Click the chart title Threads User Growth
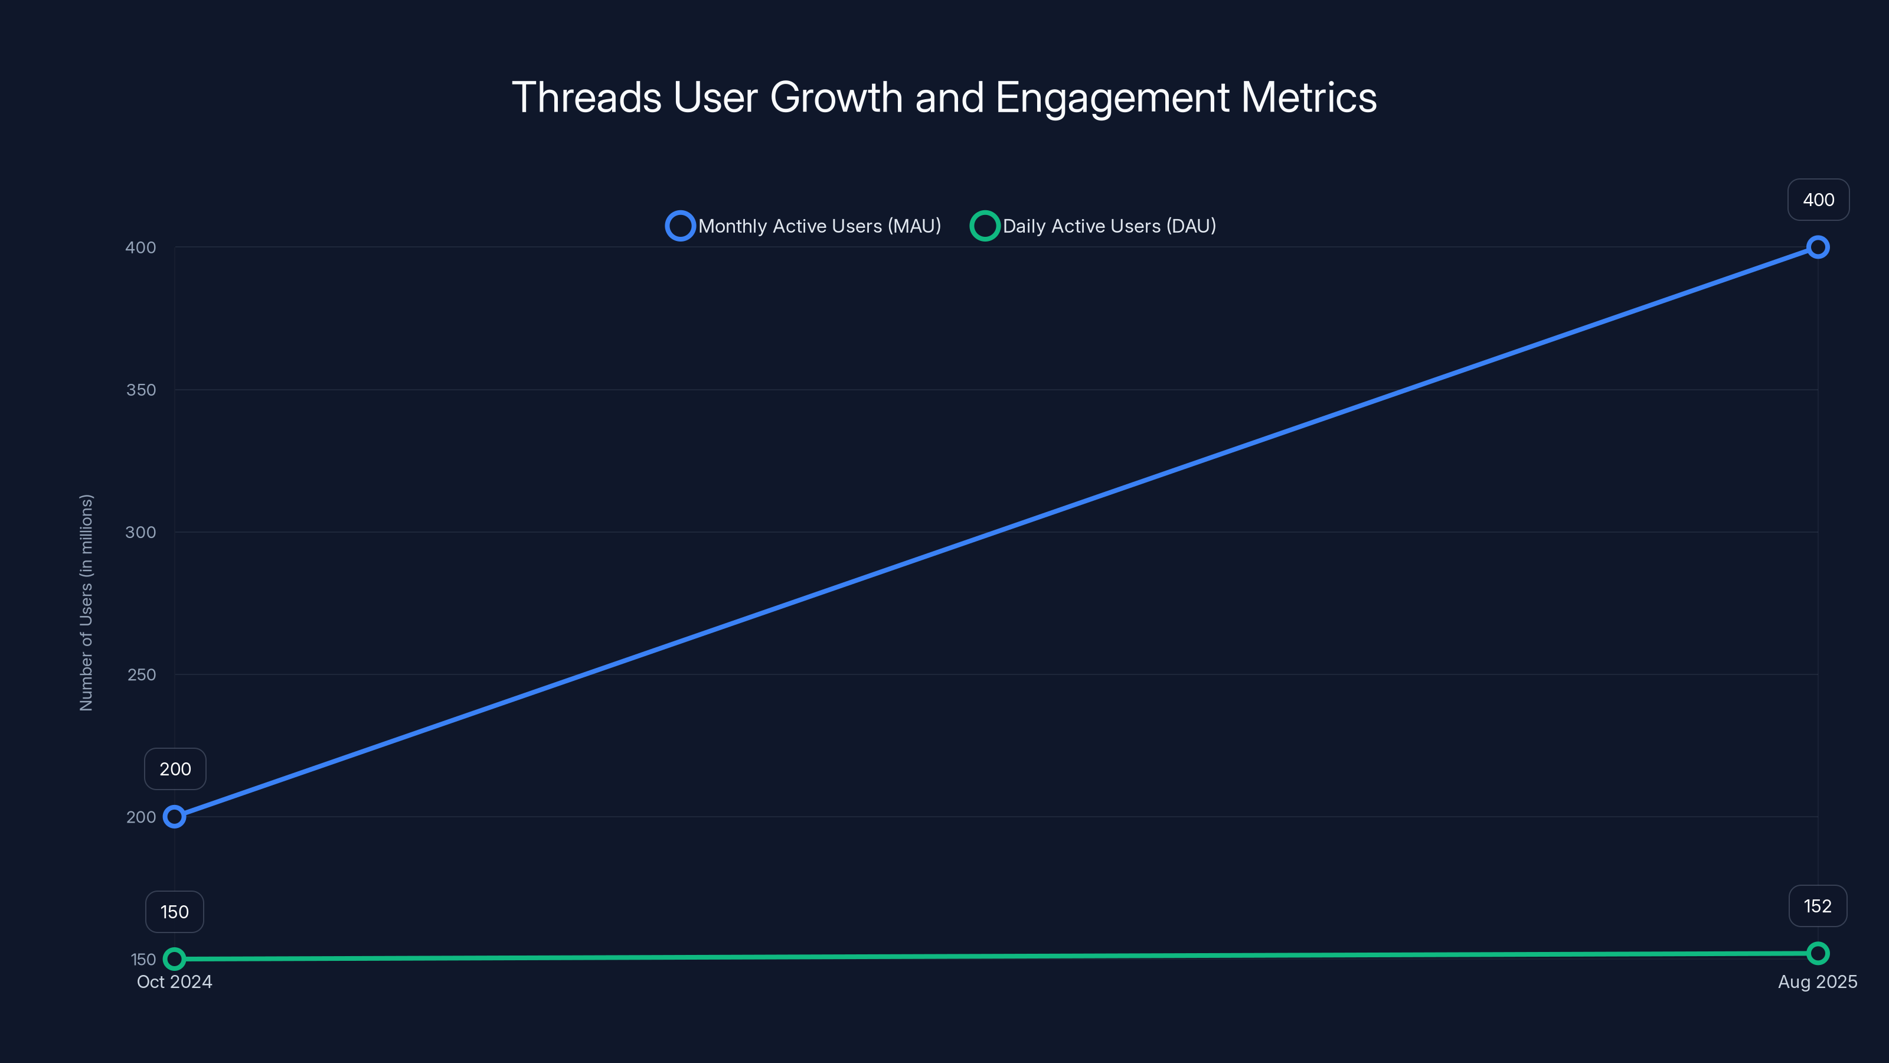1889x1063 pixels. (x=944, y=97)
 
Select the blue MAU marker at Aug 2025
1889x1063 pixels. (x=1817, y=247)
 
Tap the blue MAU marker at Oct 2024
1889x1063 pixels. (x=175, y=817)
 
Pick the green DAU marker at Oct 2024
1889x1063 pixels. (x=175, y=959)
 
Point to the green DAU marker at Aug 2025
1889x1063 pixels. (x=1817, y=954)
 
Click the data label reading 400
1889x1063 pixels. (x=1818, y=200)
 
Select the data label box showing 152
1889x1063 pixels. (x=1817, y=907)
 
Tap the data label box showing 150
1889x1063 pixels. (x=175, y=912)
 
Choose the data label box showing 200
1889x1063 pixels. (x=175, y=769)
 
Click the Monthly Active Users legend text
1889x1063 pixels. (x=819, y=226)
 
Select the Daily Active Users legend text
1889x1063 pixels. (x=1109, y=226)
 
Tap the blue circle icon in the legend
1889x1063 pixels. (x=680, y=226)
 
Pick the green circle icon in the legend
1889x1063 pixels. (x=984, y=226)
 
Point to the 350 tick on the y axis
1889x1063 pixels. (x=141, y=390)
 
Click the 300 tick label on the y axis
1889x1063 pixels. (x=141, y=533)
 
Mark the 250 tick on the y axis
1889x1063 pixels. (x=142, y=675)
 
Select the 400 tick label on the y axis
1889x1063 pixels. (x=141, y=248)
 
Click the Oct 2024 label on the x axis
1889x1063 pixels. (x=175, y=982)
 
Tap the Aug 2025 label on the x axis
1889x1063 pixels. (x=1817, y=982)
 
